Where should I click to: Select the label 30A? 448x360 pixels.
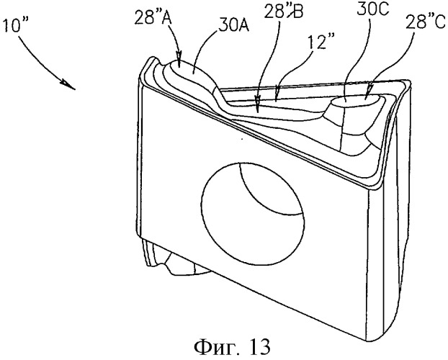coord(233,27)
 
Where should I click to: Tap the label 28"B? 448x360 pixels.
coord(284,12)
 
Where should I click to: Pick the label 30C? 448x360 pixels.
coord(373,9)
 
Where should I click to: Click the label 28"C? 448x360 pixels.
coord(426,22)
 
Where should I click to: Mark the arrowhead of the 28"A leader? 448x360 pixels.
coord(179,55)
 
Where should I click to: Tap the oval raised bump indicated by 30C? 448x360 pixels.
coord(356,101)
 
